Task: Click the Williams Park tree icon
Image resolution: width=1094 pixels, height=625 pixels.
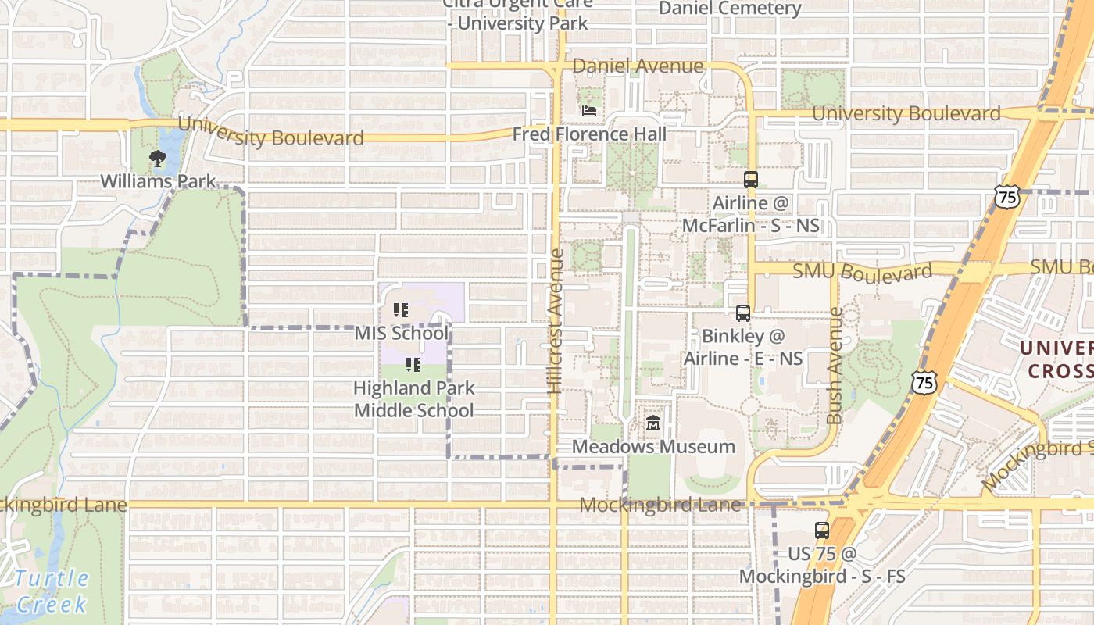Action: tap(158, 159)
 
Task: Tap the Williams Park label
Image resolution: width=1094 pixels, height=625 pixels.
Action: tap(158, 181)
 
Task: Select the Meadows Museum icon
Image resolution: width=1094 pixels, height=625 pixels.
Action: tap(653, 424)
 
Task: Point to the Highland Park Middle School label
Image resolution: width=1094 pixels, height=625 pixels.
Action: tap(413, 398)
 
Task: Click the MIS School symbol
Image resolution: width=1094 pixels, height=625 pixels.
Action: tap(401, 310)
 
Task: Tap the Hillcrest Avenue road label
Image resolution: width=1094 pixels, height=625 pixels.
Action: tap(556, 320)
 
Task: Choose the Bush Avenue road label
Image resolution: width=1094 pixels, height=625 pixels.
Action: tap(835, 366)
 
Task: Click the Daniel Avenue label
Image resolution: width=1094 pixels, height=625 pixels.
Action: tap(638, 66)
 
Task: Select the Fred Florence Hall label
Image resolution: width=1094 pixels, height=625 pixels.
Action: tap(589, 134)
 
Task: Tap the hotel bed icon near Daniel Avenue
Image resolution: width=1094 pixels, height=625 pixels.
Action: tap(589, 111)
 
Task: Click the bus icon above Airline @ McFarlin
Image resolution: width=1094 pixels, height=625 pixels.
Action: tap(751, 179)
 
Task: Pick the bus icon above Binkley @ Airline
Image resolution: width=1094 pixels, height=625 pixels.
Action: tap(742, 313)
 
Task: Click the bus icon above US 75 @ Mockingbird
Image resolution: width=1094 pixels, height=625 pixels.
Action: tap(821, 530)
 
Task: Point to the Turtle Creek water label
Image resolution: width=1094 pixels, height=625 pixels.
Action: tap(52, 591)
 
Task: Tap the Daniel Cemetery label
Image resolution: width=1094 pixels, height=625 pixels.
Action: tap(730, 9)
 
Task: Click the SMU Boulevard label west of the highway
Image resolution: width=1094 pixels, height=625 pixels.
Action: tap(862, 272)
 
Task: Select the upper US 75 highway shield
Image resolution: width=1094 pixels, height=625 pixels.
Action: tap(1007, 196)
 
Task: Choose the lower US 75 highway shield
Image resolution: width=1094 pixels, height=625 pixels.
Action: tap(924, 382)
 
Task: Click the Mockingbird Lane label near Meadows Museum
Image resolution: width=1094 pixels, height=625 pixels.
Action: tap(660, 505)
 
